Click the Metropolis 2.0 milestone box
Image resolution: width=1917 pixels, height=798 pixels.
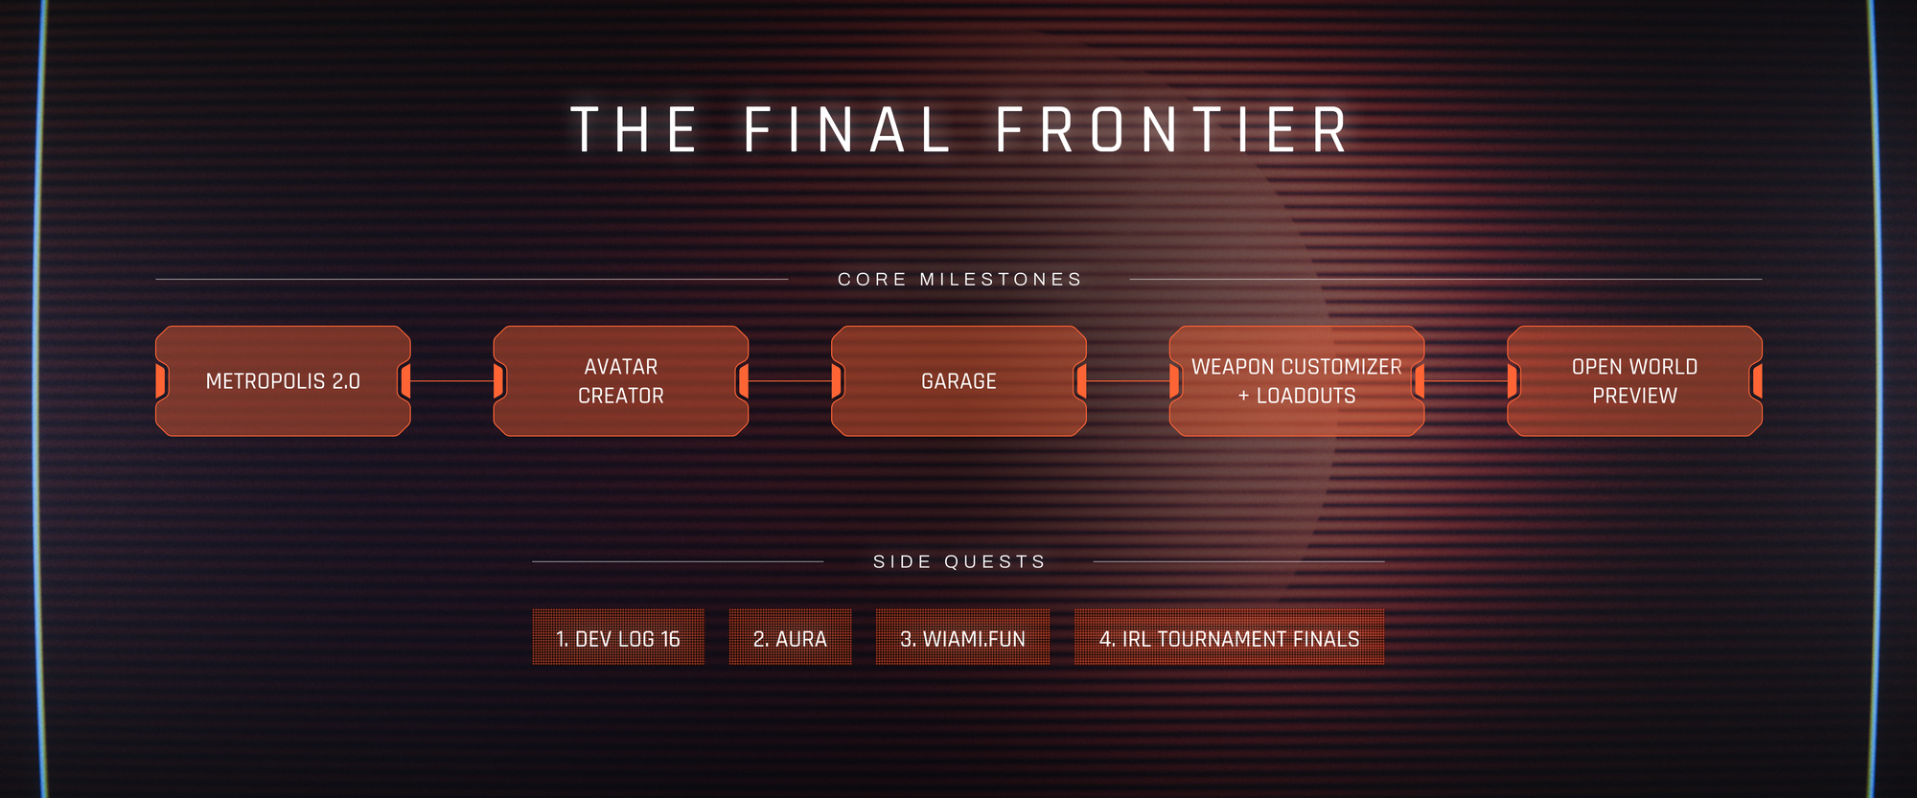pos(283,381)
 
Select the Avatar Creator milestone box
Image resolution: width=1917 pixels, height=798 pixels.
pos(621,381)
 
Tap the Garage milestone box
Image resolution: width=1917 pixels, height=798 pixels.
pos(958,381)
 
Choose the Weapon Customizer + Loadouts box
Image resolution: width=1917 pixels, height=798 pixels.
pos(1297,381)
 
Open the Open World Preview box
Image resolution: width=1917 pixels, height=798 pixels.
pos(1635,381)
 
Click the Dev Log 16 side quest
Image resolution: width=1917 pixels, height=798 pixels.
pos(618,637)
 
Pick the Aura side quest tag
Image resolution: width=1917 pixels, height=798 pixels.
pos(790,637)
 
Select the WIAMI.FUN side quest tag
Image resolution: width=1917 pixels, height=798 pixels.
pos(962,637)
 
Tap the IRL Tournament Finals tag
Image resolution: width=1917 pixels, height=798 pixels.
pos(1229,637)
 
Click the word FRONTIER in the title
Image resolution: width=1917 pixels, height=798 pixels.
pos(1172,130)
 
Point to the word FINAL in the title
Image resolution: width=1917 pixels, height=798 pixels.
pos(847,130)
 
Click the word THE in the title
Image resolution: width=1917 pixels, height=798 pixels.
pos(634,130)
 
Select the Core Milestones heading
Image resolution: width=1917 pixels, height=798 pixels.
pos(959,280)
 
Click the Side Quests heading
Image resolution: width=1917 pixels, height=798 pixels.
pos(959,561)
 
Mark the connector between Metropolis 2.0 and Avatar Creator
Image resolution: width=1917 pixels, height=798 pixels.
pos(452,381)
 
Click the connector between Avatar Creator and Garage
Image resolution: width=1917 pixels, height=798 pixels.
pos(791,381)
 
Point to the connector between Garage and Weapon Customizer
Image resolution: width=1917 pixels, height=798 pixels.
pos(1128,381)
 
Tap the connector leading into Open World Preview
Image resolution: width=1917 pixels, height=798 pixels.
pos(1467,381)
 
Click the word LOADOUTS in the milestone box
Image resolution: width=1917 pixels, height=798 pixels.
pos(1306,396)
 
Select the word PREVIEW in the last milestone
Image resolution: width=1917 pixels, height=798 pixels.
pos(1635,396)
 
